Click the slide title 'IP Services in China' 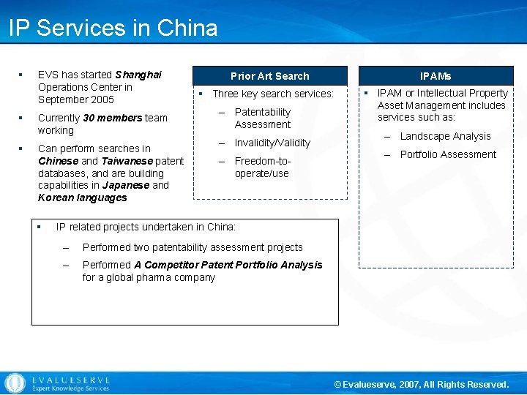(x=113, y=28)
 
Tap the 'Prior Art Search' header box (x=269, y=76)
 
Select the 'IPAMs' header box (x=436, y=76)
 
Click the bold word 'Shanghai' (x=138, y=75)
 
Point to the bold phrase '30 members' (x=112, y=118)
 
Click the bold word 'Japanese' (x=125, y=185)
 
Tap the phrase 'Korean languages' (x=82, y=197)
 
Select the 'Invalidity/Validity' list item (x=272, y=143)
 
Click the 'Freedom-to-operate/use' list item (x=262, y=167)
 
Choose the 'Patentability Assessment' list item (x=263, y=118)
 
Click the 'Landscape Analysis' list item (x=445, y=136)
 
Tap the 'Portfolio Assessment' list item (x=448, y=154)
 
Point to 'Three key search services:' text (x=272, y=94)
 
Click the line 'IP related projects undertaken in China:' (x=146, y=227)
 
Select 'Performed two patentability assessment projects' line (x=193, y=247)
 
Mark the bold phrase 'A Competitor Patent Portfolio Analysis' (x=228, y=265)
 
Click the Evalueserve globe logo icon (x=15, y=383)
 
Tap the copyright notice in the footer (x=421, y=384)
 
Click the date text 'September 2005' (x=76, y=99)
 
